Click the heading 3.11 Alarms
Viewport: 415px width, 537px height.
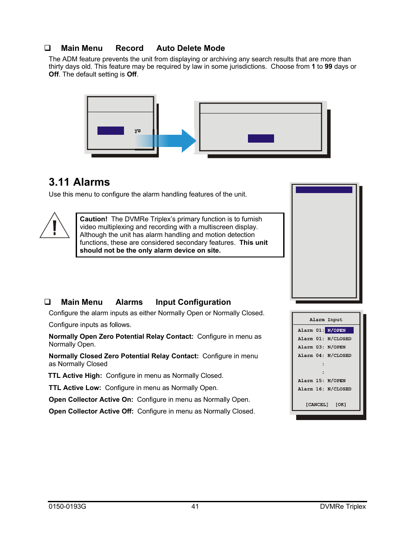pyautogui.click(x=79, y=182)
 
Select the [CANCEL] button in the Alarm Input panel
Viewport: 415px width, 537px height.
pyautogui.click(x=317, y=405)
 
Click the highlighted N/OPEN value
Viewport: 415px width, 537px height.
pyautogui.click(x=338, y=330)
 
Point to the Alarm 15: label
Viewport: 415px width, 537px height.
pyautogui.click(x=311, y=381)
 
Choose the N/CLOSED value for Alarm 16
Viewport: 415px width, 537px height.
pyautogui.click(x=339, y=389)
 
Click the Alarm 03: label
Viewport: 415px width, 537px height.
pyautogui.click(x=311, y=347)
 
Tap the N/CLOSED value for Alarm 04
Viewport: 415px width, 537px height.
pyautogui.click(x=339, y=356)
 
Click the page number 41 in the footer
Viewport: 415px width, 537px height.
pyautogui.click(x=195, y=507)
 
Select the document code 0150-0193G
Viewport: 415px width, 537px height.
pyautogui.click(x=67, y=507)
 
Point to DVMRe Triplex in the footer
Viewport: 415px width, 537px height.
pyautogui.click(x=343, y=507)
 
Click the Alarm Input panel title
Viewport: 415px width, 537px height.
pyautogui.click(x=326, y=320)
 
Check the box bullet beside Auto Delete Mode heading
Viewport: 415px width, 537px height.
pyautogui.click(x=47, y=48)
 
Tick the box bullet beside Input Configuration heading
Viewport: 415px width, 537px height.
pyautogui.click(x=47, y=302)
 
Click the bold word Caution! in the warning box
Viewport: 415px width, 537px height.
pyautogui.click(x=94, y=219)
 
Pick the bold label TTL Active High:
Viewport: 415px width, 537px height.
pyautogui.click(x=75, y=376)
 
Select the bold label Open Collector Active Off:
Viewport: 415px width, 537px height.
pyautogui.click(x=91, y=411)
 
